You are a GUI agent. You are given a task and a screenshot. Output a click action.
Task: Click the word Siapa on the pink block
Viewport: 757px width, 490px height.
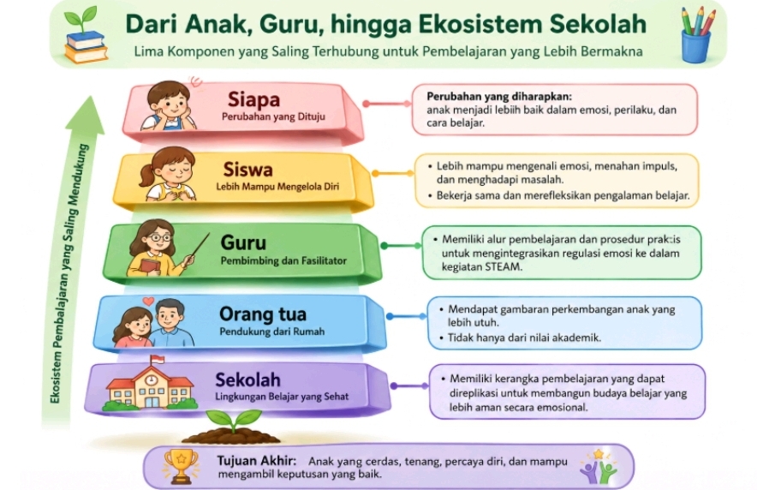tap(253, 99)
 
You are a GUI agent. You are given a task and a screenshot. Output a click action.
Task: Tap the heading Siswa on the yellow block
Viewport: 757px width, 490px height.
tap(247, 170)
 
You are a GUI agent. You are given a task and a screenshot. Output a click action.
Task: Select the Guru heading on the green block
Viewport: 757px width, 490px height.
tap(243, 242)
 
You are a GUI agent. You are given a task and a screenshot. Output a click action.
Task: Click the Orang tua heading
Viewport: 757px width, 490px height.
tap(263, 314)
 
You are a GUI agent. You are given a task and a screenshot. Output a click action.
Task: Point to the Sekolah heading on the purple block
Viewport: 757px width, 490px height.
tap(247, 379)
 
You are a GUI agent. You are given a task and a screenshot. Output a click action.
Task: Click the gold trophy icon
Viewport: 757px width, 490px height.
tap(181, 466)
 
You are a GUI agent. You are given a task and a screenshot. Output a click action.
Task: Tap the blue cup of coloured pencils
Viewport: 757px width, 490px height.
tap(697, 35)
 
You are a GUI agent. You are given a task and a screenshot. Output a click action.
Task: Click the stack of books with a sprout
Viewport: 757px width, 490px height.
tap(86, 36)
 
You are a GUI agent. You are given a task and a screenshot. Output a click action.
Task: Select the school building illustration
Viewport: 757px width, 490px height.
tap(150, 387)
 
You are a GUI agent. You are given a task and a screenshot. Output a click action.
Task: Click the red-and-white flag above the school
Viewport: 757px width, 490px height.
tap(158, 360)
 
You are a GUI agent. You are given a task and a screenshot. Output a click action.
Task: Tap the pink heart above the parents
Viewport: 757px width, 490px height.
tap(149, 302)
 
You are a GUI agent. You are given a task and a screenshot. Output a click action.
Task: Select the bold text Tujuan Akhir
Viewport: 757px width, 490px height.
tap(256, 461)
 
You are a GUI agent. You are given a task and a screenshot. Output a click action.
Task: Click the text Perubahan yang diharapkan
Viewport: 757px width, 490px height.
tap(499, 96)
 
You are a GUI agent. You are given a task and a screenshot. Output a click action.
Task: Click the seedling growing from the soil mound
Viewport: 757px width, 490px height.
tap(233, 421)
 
